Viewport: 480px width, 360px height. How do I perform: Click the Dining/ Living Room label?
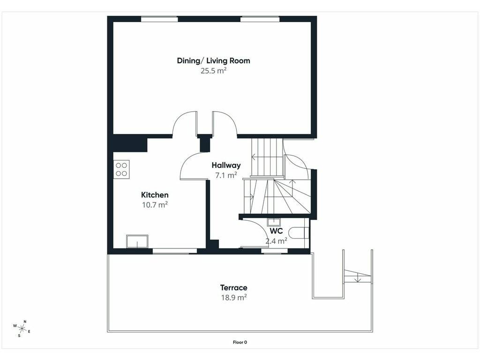213,60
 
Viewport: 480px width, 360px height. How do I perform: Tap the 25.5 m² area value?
213,71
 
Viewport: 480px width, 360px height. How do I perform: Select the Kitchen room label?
155,195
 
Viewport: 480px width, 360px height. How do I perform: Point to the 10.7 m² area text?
155,204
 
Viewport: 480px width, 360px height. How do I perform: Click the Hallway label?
226,165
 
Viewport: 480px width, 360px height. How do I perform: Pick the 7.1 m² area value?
226,175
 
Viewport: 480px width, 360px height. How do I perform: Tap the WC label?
276,231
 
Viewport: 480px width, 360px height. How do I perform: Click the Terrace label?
233,288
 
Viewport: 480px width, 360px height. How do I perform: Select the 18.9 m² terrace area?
234,298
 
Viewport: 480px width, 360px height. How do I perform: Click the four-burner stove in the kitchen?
121,169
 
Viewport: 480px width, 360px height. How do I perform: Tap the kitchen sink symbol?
137,241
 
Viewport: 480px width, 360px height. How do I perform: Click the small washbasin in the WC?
274,222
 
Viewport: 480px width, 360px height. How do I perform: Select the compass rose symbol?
22,329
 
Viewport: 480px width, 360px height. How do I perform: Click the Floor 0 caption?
240,342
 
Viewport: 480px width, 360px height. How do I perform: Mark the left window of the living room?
159,19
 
